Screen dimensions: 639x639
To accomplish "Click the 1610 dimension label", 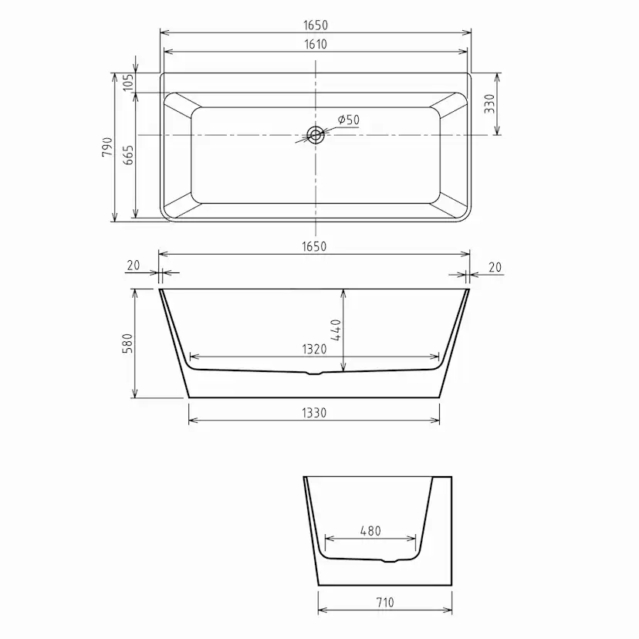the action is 316,44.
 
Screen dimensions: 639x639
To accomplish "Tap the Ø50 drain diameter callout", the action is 348,120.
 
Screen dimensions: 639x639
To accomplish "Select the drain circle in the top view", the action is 316,135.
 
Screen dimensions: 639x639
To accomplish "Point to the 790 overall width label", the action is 107,147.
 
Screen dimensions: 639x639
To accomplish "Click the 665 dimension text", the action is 128,155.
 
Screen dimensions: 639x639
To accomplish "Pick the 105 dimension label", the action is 128,83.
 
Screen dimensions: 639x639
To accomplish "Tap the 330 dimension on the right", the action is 490,103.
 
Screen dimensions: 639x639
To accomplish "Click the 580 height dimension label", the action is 127,343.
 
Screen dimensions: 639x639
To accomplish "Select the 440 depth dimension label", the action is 336,330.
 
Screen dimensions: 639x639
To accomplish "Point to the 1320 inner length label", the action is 314,350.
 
